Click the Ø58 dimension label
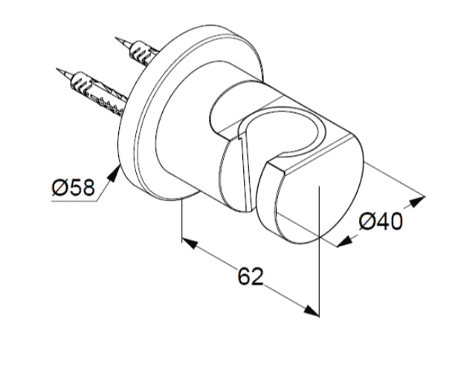(x=74, y=187)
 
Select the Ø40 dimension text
(x=381, y=221)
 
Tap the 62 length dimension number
(x=251, y=276)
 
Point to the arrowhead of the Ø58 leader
(x=114, y=175)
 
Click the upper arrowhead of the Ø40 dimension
(x=417, y=201)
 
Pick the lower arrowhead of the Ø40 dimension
(x=345, y=241)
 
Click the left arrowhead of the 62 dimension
(x=190, y=244)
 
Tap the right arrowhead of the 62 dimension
(x=311, y=310)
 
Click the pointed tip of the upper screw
(x=116, y=38)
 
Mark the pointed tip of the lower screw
(x=57, y=69)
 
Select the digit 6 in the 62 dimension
(x=244, y=276)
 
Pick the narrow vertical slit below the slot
(x=245, y=172)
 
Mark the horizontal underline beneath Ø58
(x=74, y=201)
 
